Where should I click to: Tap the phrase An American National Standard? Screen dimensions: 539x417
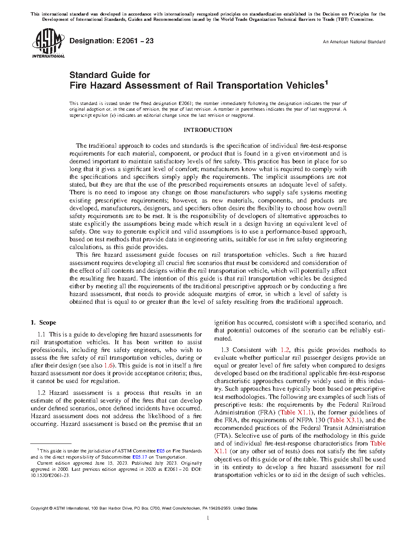(354, 42)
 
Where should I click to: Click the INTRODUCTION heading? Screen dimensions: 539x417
(208, 130)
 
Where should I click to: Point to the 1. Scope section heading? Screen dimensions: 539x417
(43, 323)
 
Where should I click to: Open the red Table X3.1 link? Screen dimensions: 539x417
(345, 420)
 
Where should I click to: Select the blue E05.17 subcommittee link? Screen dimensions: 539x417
(139, 457)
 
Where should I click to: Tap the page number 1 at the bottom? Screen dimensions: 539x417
(208, 518)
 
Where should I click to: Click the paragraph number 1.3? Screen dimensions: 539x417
(225, 350)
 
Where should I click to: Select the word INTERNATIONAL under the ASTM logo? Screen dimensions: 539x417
(48, 56)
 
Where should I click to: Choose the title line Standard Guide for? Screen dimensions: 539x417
(110, 75)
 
